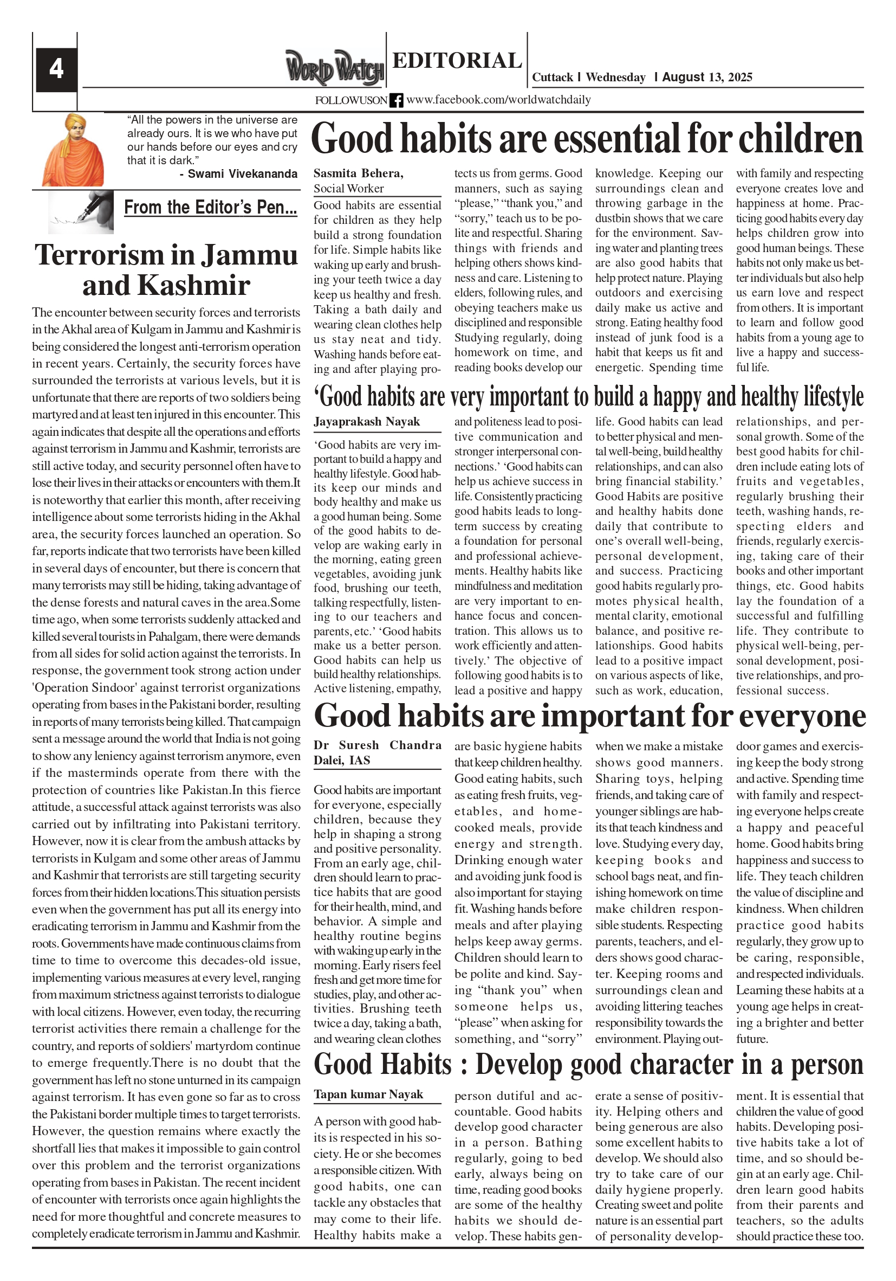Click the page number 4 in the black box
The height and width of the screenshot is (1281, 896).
[x=56, y=69]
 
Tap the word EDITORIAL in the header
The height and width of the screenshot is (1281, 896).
[x=457, y=60]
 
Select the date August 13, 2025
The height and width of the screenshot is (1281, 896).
[x=707, y=77]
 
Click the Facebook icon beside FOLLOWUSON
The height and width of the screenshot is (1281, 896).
[x=396, y=100]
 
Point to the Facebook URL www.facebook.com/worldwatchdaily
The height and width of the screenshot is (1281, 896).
[x=498, y=100]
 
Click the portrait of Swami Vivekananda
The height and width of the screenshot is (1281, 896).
[x=73, y=150]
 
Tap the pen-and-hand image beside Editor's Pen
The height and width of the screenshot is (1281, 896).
[x=81, y=211]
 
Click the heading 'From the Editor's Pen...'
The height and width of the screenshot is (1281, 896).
[x=210, y=207]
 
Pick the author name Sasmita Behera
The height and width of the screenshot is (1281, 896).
[x=358, y=173]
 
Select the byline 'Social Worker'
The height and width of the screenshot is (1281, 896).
[x=348, y=189]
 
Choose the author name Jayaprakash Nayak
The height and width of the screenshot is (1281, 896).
[x=366, y=422]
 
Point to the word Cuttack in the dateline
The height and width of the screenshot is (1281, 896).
[x=552, y=78]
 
